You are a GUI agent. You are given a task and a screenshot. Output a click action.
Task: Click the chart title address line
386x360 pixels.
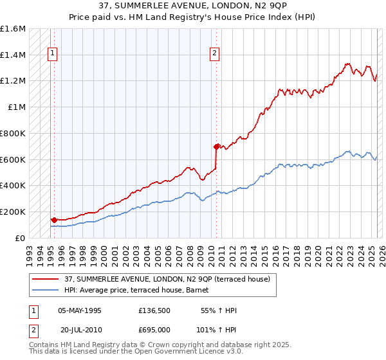point(192,6)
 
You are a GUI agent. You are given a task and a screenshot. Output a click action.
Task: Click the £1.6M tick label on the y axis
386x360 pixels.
point(13,29)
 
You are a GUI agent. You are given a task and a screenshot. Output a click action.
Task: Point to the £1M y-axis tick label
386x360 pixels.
point(17,107)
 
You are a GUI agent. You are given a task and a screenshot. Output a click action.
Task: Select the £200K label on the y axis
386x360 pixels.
point(13,212)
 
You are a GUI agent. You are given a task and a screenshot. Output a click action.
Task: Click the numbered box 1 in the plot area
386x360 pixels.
point(52,54)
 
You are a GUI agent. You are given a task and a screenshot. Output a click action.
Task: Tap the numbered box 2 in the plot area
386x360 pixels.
point(214,54)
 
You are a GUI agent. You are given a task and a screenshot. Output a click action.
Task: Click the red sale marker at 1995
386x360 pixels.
point(54,220)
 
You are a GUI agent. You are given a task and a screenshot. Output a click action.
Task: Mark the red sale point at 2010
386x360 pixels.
point(216,147)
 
